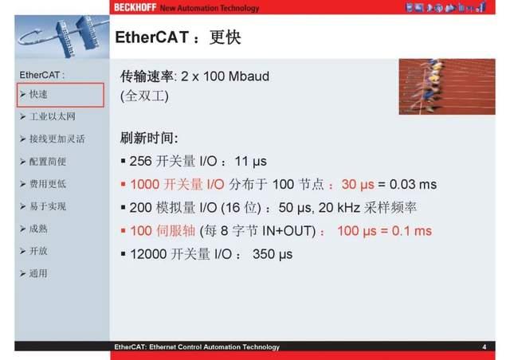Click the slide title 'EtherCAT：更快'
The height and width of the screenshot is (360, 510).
178,38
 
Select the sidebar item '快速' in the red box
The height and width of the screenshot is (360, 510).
39,95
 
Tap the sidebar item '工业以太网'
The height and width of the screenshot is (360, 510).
52,116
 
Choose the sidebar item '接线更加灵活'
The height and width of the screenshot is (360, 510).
57,139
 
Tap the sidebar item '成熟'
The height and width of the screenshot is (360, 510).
38,229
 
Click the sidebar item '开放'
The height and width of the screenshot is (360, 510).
38,251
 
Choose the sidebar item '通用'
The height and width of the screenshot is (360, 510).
38,273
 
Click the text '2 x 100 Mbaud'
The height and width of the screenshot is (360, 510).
226,76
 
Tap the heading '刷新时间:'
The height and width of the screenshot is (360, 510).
148,137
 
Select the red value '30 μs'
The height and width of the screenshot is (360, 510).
358,184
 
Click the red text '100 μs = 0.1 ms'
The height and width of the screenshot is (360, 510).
384,231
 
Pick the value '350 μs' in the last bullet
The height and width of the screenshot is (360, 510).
273,254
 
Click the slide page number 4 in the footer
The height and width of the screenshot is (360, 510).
484,347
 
